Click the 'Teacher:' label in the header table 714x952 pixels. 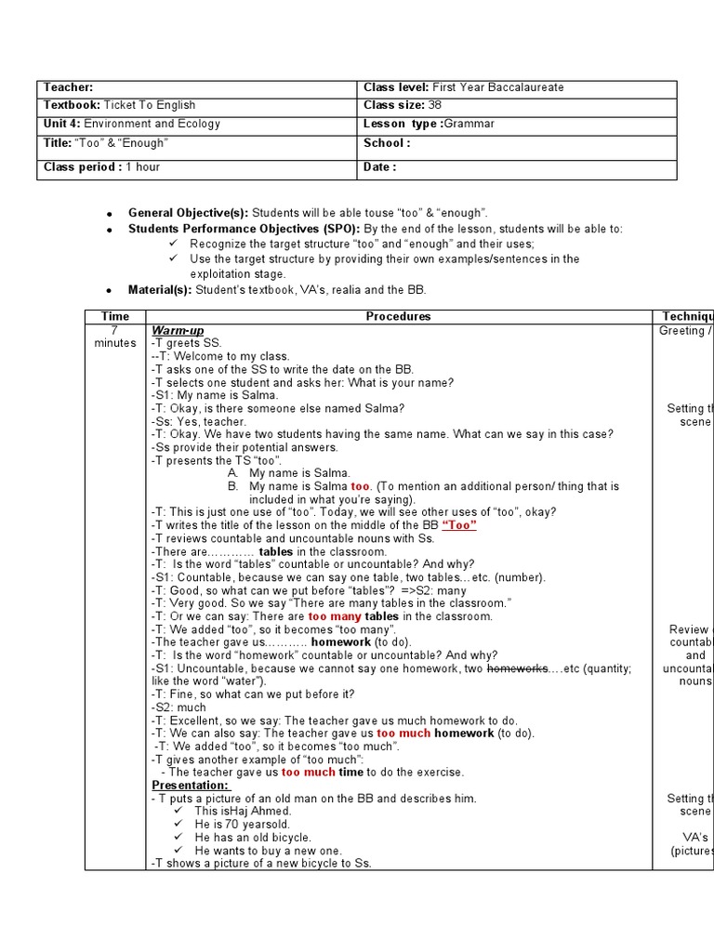(x=69, y=87)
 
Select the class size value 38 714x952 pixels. (x=435, y=105)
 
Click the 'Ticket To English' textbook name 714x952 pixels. (x=149, y=105)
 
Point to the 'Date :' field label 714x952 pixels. (x=380, y=167)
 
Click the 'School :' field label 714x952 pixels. (x=387, y=143)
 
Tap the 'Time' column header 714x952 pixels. (x=115, y=317)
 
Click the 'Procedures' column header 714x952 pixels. (x=398, y=317)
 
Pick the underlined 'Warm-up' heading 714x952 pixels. (x=178, y=331)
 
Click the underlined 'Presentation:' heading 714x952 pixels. (x=191, y=786)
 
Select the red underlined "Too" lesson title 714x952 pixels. (x=459, y=525)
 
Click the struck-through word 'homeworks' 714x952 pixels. (x=517, y=668)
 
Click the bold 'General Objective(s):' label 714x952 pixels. (x=189, y=214)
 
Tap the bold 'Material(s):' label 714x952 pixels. (x=159, y=290)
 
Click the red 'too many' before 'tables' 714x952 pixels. (x=335, y=616)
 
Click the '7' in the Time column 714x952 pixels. (x=115, y=331)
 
